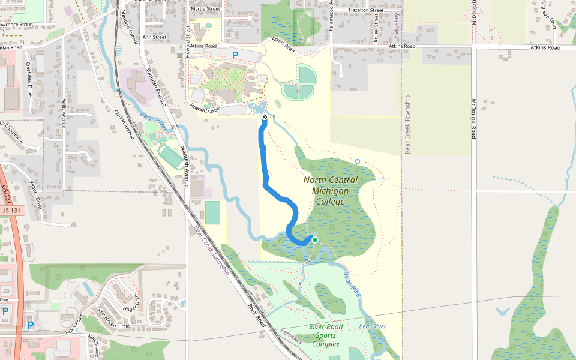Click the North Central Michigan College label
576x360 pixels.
(330, 190)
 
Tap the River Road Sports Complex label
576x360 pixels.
(326, 335)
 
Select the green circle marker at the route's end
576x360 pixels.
(314, 240)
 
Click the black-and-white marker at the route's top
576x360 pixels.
(265, 116)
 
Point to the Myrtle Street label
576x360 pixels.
(205, 9)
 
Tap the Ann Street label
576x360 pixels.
(154, 37)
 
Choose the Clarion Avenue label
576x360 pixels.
(124, 124)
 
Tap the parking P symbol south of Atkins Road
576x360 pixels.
(235, 55)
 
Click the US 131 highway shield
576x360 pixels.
(11, 211)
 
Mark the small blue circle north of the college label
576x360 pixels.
(358, 161)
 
